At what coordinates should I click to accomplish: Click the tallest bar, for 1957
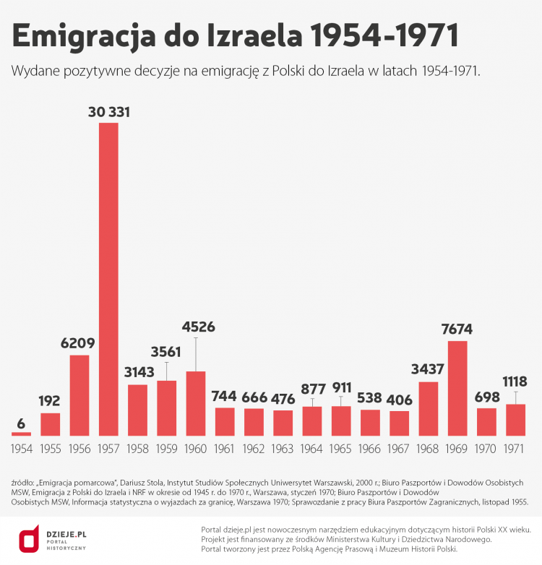tap(108, 279)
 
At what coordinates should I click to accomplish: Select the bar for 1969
tap(457, 388)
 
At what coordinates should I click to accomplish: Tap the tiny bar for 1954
tap(22, 434)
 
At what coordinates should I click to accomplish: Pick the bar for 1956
tap(79, 395)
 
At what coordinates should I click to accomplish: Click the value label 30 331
tap(108, 112)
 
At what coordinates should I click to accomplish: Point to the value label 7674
tap(457, 329)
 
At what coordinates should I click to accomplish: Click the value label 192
tap(50, 402)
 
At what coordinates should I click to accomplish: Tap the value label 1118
tap(515, 381)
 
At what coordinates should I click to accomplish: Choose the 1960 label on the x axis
tap(196, 449)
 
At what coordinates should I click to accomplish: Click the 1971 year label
tap(515, 449)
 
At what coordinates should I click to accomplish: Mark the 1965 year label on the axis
tap(341, 449)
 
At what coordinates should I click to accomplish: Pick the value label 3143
tap(137, 373)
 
